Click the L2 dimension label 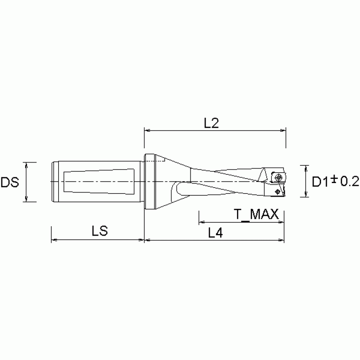click(212, 123)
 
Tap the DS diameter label click(9, 182)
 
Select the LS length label click(100, 231)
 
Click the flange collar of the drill click(149, 182)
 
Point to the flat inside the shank click(99, 182)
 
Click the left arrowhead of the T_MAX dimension click(202, 222)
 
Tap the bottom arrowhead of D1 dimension click(306, 195)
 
